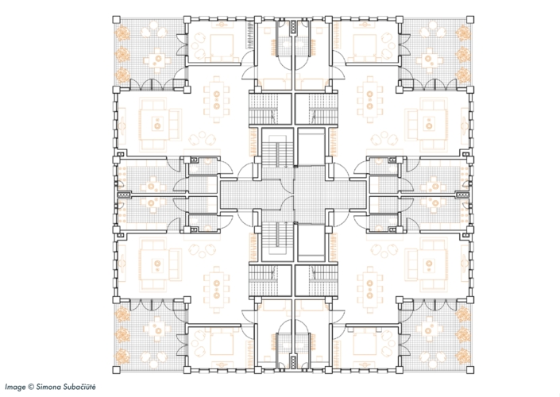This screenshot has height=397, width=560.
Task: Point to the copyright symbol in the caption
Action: (31, 387)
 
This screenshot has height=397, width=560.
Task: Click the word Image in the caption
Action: (15, 387)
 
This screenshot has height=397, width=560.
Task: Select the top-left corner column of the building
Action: (117, 20)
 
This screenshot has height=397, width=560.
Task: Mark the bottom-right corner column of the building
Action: (470, 370)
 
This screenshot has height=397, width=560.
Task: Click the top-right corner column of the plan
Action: (470, 20)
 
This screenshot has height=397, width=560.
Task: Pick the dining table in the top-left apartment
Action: (216, 100)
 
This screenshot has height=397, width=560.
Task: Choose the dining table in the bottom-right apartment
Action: (369, 290)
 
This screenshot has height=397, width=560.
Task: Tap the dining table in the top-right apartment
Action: (369, 100)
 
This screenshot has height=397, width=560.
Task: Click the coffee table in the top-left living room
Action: (156, 125)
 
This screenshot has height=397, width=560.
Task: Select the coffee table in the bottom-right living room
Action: (429, 264)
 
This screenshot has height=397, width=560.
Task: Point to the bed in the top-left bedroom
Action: (222, 46)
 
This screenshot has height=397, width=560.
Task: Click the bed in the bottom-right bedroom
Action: (365, 344)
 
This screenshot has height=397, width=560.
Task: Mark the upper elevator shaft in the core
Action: (311, 147)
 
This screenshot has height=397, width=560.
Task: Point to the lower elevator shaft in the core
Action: (311, 243)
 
